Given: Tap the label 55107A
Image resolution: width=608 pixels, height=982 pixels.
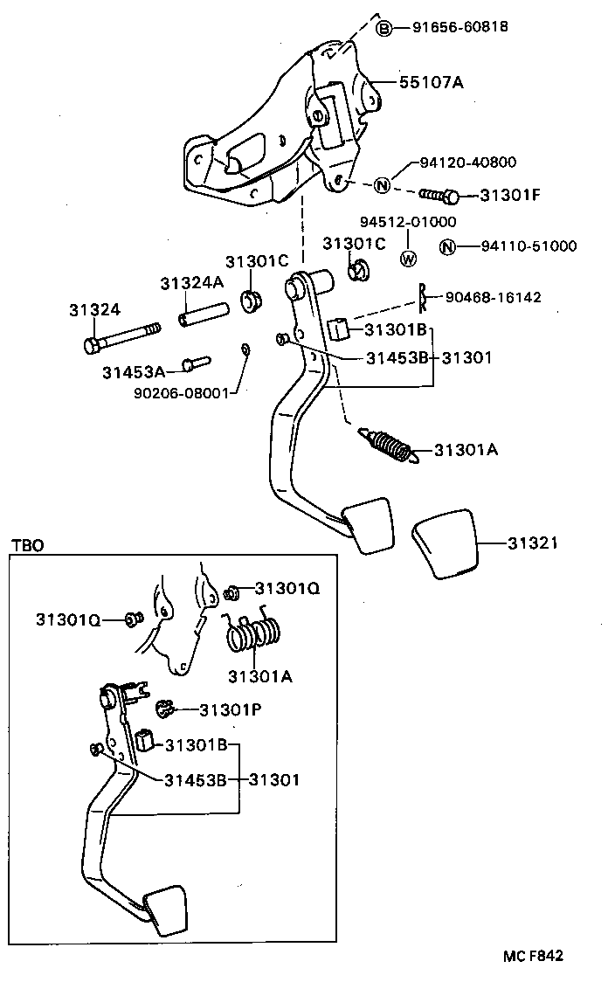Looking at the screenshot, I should (431, 83).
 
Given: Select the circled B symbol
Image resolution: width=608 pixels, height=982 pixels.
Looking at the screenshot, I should (384, 29).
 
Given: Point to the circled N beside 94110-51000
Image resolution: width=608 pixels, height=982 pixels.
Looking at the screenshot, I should (447, 246).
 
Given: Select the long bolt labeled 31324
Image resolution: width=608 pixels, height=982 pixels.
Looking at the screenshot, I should (123, 336).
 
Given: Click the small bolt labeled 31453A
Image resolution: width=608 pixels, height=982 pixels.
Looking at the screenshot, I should (197, 362).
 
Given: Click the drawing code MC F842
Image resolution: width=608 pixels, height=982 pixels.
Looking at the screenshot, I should (533, 955).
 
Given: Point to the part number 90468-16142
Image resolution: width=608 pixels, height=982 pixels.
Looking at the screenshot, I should (493, 298).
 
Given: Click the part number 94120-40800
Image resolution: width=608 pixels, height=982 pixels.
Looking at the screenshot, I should (467, 163).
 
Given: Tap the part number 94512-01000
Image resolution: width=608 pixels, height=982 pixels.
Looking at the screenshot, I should (408, 223).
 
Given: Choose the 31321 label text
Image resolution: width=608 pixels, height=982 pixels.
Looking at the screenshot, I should (533, 543).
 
